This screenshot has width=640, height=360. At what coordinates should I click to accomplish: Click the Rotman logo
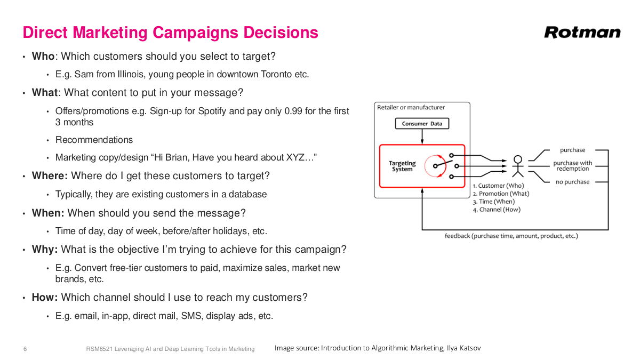582,33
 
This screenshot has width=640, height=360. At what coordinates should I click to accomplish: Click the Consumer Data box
422,124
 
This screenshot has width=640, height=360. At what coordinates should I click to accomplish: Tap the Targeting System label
402,166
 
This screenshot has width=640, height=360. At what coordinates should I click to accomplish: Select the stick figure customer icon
517,166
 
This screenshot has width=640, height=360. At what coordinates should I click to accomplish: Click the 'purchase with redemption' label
572,166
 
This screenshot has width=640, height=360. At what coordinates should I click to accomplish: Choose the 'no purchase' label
572,182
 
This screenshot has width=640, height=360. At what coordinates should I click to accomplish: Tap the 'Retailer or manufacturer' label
411,108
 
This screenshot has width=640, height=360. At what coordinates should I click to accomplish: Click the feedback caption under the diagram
511,236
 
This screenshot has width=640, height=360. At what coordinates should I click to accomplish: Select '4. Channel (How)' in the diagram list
496,210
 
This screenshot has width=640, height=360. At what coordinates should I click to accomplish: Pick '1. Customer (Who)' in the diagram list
498,186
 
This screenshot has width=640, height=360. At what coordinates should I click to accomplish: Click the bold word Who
43,56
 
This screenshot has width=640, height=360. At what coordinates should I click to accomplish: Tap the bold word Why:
45,249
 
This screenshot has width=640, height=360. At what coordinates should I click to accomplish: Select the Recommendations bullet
94,140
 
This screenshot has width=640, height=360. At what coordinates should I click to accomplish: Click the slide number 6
25,349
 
